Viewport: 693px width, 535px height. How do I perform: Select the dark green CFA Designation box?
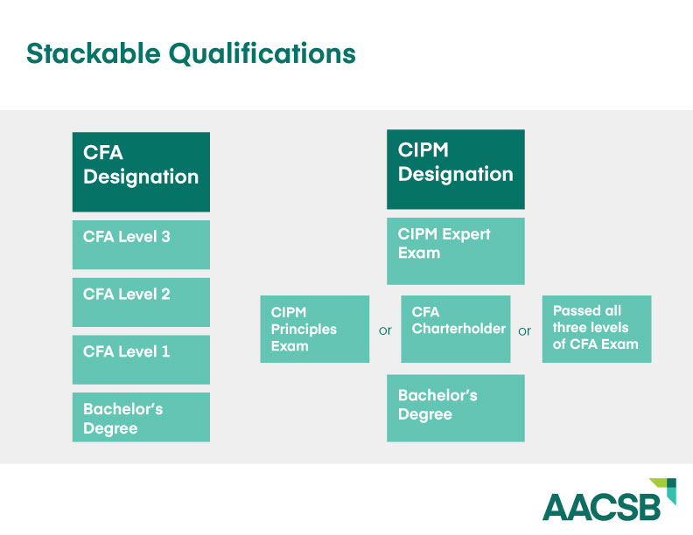pyautogui.click(x=141, y=171)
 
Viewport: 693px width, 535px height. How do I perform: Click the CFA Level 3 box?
pyautogui.click(x=141, y=244)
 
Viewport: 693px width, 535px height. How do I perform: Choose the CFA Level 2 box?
pyautogui.click(x=141, y=302)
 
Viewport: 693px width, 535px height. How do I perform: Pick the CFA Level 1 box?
pyautogui.click(x=141, y=359)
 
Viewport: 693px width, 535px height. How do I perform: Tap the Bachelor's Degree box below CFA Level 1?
pyautogui.click(x=141, y=417)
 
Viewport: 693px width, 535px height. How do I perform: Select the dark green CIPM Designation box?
pyautogui.click(x=455, y=169)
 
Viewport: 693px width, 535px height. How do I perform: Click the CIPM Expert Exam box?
pyautogui.click(x=455, y=251)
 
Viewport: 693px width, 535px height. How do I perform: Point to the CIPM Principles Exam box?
pyautogui.click(x=315, y=329)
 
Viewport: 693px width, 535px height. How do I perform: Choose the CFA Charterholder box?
pyautogui.click(x=455, y=329)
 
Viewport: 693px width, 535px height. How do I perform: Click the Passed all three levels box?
pyautogui.click(x=596, y=329)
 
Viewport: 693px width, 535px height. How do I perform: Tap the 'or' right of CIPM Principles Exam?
pyautogui.click(x=385, y=331)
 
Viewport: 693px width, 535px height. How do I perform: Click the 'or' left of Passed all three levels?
pyautogui.click(x=525, y=331)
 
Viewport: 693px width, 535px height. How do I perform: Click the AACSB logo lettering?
pyautogui.click(x=603, y=507)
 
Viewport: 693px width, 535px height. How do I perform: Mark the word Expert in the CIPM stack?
pyautogui.click(x=468, y=234)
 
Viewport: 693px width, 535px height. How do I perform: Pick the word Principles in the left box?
pyautogui.click(x=304, y=329)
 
